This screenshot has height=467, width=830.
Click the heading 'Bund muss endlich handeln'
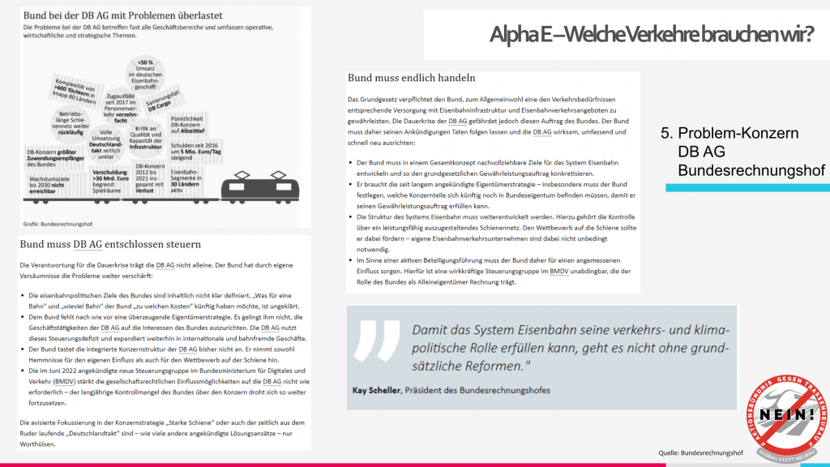tap(411, 78)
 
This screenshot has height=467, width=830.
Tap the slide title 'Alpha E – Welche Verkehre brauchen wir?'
tap(651, 34)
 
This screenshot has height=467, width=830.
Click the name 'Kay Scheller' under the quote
tap(378, 390)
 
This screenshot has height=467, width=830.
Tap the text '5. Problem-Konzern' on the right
tap(738, 133)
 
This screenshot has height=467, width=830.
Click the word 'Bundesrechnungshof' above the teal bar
tap(751, 170)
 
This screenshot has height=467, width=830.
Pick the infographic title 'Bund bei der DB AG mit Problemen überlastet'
tap(112, 16)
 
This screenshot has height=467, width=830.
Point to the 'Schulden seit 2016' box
tap(193, 151)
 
